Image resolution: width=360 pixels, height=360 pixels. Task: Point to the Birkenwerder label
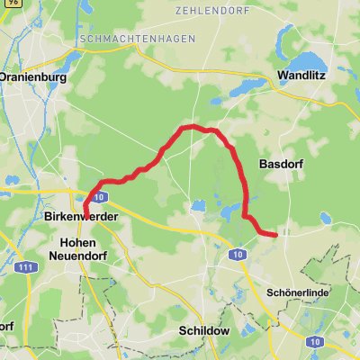(76, 217)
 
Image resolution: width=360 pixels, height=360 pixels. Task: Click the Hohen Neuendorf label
(83, 249)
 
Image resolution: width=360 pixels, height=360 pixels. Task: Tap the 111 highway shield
(31, 268)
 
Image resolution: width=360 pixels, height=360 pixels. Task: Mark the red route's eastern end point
(274, 236)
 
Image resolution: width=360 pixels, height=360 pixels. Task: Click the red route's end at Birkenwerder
(86, 213)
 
